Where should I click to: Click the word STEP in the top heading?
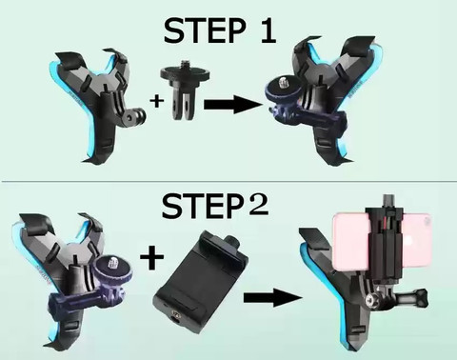click(x=205, y=30)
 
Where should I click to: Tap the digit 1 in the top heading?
click(x=268, y=30)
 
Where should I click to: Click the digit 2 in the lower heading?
click(x=258, y=205)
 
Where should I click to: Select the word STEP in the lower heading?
click(x=204, y=206)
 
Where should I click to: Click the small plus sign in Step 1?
click(x=157, y=102)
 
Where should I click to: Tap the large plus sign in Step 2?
click(x=151, y=257)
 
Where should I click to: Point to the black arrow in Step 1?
click(x=233, y=105)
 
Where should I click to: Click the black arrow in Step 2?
click(x=273, y=298)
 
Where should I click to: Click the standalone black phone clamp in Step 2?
click(x=201, y=282)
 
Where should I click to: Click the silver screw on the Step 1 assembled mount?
click(x=283, y=84)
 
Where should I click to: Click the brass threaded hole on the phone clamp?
click(x=175, y=315)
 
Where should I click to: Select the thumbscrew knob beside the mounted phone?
click(x=421, y=296)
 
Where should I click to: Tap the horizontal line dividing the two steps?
click(x=228, y=182)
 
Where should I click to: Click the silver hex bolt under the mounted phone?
click(x=371, y=299)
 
